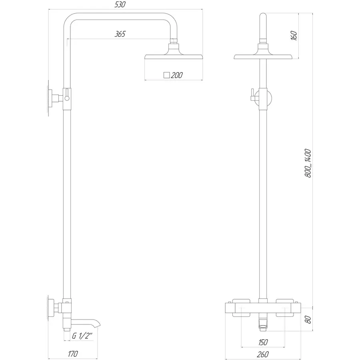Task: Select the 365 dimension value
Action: tap(120, 34)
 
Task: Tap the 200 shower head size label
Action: tap(177, 75)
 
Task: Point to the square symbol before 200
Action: tap(167, 75)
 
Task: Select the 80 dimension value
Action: tap(308, 320)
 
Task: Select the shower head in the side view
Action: tap(174, 54)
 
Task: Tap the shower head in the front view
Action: tap(262, 56)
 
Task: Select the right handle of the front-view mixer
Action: tap(288, 308)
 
